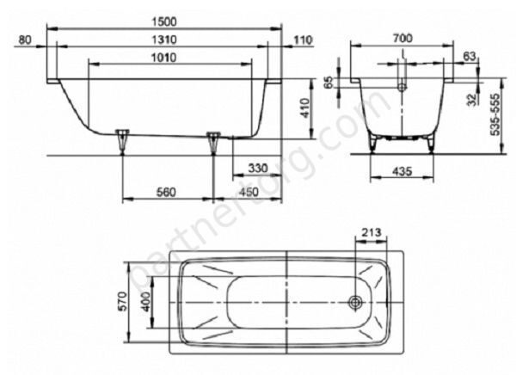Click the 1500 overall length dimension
point(164,22)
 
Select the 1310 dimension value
point(164,40)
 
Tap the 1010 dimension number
point(164,58)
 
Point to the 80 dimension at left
point(25,40)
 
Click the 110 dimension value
point(303,40)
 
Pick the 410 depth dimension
point(305,108)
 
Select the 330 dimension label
point(258,169)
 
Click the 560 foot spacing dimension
point(166,192)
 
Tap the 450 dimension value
point(249,192)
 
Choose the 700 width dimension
point(402,39)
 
